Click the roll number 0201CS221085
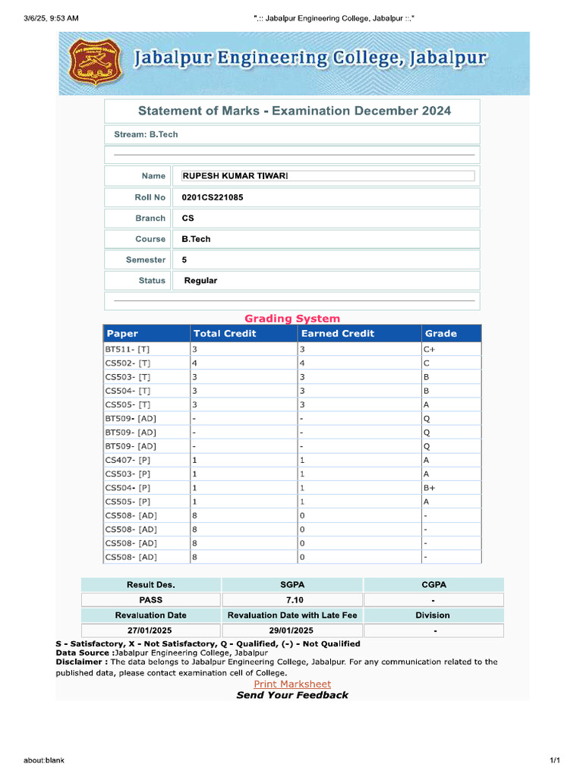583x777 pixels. (x=213, y=197)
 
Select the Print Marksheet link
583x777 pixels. (x=292, y=684)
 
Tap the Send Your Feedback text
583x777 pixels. (x=292, y=695)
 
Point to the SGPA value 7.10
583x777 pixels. (x=292, y=599)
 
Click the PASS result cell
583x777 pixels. (x=150, y=599)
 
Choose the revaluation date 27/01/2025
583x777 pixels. (x=150, y=631)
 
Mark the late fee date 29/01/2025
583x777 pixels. (x=292, y=631)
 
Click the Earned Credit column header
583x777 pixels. (x=338, y=333)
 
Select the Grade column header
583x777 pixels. (x=441, y=333)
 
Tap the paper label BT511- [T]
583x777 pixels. (x=128, y=350)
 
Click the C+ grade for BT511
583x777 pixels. (x=430, y=350)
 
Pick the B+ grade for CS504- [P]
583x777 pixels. (x=430, y=488)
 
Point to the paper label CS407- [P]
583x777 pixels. (x=128, y=460)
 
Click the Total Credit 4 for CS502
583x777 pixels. (x=194, y=363)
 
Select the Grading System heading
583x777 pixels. (x=292, y=319)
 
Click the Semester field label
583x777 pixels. (x=146, y=260)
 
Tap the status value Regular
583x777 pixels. (x=200, y=281)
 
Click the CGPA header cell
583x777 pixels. (x=433, y=585)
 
